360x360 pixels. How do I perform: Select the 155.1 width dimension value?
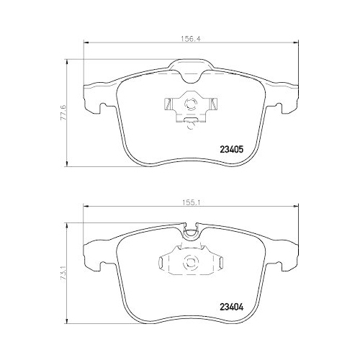tap(190, 202)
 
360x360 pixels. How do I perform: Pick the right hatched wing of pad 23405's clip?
tap(213, 104)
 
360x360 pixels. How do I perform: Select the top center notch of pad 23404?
tap(191, 232)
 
